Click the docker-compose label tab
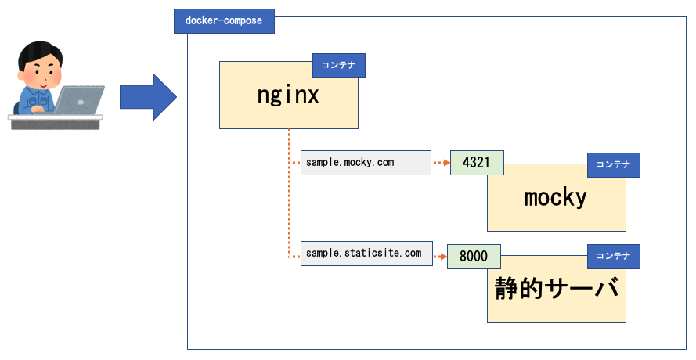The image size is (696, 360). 224,21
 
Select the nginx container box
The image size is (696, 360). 289,95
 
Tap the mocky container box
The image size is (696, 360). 556,197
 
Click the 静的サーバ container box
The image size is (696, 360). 556,289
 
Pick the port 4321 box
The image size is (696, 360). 477,163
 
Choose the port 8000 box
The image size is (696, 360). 474,256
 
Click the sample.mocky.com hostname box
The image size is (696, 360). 366,163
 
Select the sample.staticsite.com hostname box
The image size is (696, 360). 366,254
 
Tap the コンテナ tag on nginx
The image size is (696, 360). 339,65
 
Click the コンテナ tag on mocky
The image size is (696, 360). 614,164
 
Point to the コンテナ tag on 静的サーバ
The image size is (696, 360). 614,256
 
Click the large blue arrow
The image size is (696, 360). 148,97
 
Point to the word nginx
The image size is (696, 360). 288,95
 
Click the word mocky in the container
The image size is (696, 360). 555,197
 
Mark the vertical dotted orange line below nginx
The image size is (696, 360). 289,193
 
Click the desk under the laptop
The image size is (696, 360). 56,122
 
